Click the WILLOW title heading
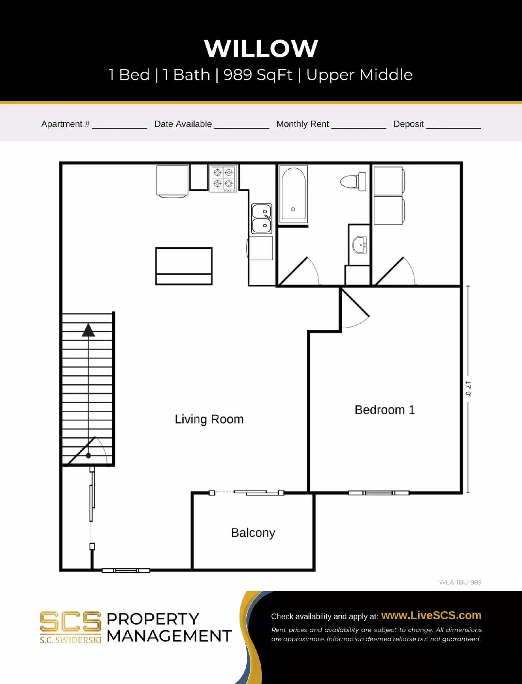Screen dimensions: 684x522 (x=261, y=48)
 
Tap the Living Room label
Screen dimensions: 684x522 (x=209, y=419)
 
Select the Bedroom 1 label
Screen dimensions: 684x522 (x=385, y=410)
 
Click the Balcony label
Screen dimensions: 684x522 (x=253, y=533)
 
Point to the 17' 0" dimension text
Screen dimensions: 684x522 (x=468, y=389)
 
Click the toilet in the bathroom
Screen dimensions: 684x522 (x=354, y=182)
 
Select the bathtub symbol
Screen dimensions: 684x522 (x=293, y=195)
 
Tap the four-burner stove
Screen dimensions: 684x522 (x=223, y=178)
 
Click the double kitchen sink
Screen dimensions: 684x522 (x=262, y=218)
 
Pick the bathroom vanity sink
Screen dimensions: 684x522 (x=359, y=245)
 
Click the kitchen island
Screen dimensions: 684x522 (x=184, y=266)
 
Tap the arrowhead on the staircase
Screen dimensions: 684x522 (x=88, y=330)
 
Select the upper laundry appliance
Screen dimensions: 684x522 (x=389, y=181)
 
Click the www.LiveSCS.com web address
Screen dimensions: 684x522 (x=431, y=615)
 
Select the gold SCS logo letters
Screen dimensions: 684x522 (x=70, y=622)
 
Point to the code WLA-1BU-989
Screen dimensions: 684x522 (x=460, y=582)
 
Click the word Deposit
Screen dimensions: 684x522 (x=408, y=124)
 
